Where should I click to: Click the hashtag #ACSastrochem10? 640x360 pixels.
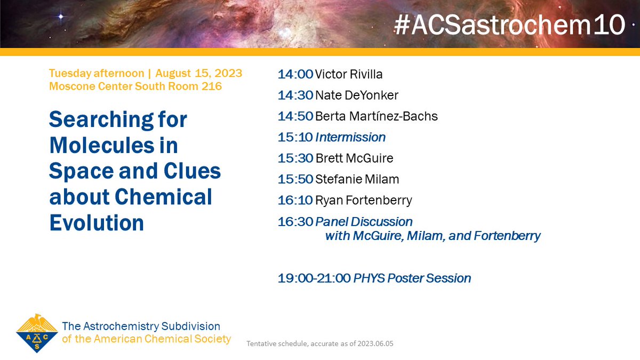pyautogui.click(x=509, y=25)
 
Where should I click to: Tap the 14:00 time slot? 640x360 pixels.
pyautogui.click(x=295, y=74)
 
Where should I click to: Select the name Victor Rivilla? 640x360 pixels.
pyautogui.click(x=349, y=74)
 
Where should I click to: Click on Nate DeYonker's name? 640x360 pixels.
pyautogui.click(x=357, y=95)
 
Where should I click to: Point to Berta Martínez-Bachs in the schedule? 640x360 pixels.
pyautogui.click(x=377, y=116)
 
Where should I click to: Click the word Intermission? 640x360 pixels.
pyautogui.click(x=350, y=137)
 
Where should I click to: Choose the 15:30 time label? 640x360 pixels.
pyautogui.click(x=295, y=158)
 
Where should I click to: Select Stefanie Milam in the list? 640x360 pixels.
pyautogui.click(x=357, y=179)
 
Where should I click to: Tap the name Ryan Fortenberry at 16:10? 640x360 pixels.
pyautogui.click(x=364, y=201)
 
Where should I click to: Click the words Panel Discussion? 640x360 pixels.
pyautogui.click(x=364, y=221)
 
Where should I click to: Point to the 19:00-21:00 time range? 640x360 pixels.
pyautogui.click(x=314, y=278)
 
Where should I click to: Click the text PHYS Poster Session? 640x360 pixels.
pyautogui.click(x=412, y=278)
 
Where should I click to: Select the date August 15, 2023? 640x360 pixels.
pyautogui.click(x=198, y=73)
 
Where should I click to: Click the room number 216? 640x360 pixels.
pyautogui.click(x=212, y=86)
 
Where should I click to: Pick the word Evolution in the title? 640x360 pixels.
pyautogui.click(x=97, y=222)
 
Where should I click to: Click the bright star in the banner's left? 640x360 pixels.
pyautogui.click(x=60, y=17)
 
